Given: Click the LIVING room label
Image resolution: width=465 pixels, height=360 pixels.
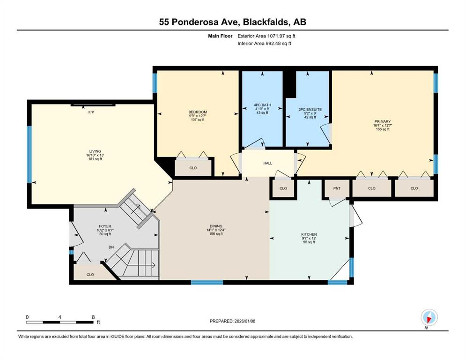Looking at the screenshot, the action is [x=95, y=151].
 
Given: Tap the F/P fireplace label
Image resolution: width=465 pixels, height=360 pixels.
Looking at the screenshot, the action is [x=91, y=112].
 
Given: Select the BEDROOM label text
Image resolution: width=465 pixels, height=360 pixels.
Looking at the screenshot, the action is [x=198, y=112].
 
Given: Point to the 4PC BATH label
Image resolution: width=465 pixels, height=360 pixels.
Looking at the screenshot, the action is [x=262, y=105].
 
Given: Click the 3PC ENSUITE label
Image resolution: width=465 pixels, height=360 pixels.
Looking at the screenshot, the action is [x=310, y=110].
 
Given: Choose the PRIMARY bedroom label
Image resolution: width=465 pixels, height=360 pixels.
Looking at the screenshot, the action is [x=383, y=121].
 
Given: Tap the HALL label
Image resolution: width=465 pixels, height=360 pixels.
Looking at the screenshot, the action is [x=268, y=163].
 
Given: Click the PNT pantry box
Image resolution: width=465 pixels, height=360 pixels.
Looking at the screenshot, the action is [x=337, y=188].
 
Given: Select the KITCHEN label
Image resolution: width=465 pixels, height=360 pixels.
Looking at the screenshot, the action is [x=309, y=234].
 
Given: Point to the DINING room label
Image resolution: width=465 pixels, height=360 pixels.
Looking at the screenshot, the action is [x=216, y=226].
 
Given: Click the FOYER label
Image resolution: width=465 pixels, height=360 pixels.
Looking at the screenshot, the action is [x=105, y=226].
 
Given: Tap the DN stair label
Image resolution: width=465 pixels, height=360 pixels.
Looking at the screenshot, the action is [x=111, y=247].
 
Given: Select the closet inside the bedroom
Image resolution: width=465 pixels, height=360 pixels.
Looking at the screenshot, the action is [x=193, y=168].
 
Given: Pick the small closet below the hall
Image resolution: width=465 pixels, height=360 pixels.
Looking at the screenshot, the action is [x=283, y=188].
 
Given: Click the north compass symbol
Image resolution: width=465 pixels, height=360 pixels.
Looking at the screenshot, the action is [x=429, y=318].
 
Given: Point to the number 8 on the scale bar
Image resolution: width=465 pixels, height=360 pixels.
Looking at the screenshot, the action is [x=93, y=317].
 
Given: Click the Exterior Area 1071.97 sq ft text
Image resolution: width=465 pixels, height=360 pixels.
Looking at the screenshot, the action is [x=266, y=36].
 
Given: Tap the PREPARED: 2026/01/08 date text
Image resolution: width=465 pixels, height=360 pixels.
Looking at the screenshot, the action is [x=232, y=321].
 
